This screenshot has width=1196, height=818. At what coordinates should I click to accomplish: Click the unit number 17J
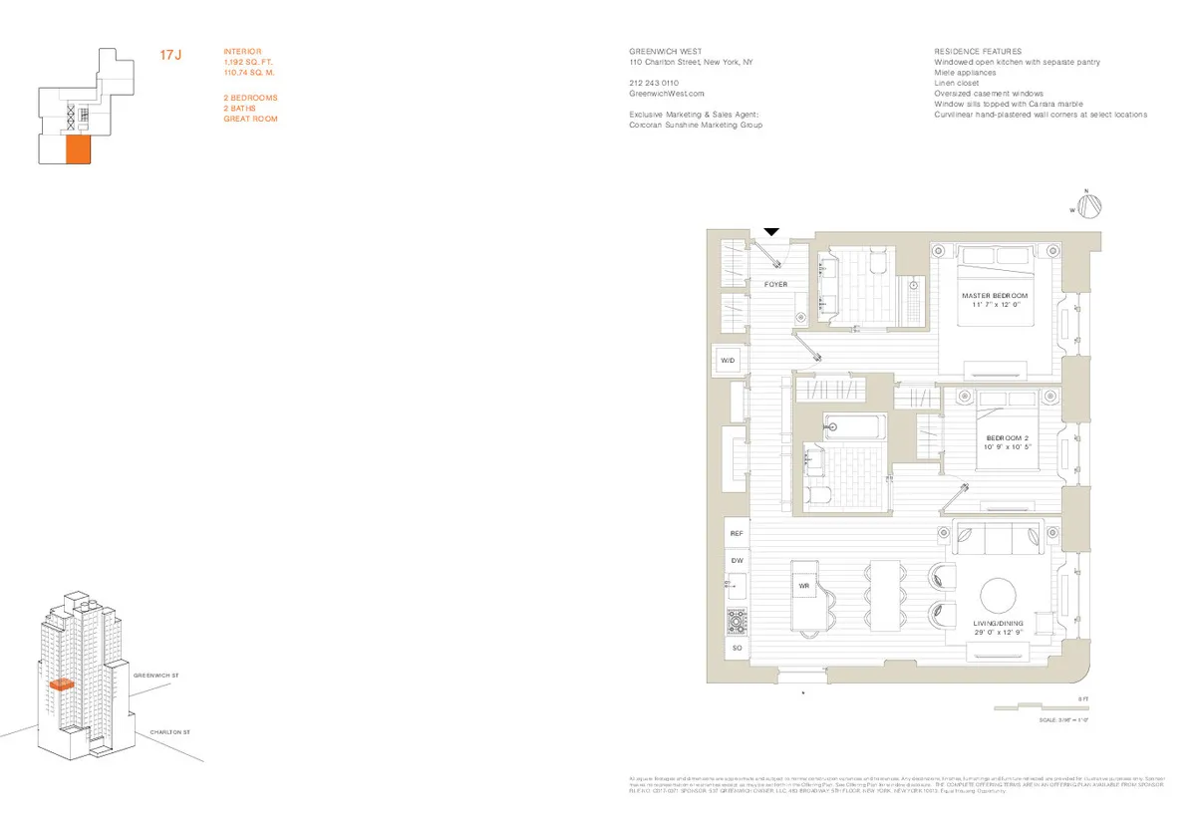pyautogui.click(x=170, y=56)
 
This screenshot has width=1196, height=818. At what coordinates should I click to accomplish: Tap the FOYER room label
pyautogui.click(x=775, y=285)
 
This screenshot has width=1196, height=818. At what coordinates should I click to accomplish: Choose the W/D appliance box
pyautogui.click(x=729, y=360)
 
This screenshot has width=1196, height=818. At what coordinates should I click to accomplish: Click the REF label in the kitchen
pyautogui.click(x=737, y=534)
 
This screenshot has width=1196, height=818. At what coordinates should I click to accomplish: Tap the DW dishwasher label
pyautogui.click(x=737, y=561)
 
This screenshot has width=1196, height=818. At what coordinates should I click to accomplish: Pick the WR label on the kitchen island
pyautogui.click(x=803, y=587)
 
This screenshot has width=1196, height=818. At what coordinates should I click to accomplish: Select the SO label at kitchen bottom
pyautogui.click(x=737, y=649)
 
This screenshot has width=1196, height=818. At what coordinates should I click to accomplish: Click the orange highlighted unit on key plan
pyautogui.click(x=78, y=149)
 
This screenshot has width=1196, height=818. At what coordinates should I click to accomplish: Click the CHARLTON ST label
pyautogui.click(x=169, y=732)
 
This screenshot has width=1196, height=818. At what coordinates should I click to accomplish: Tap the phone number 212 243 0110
pyautogui.click(x=655, y=83)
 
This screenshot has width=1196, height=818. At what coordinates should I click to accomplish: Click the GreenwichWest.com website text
pyautogui.click(x=659, y=93)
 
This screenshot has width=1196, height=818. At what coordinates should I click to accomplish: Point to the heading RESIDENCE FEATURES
pyautogui.click(x=977, y=51)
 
